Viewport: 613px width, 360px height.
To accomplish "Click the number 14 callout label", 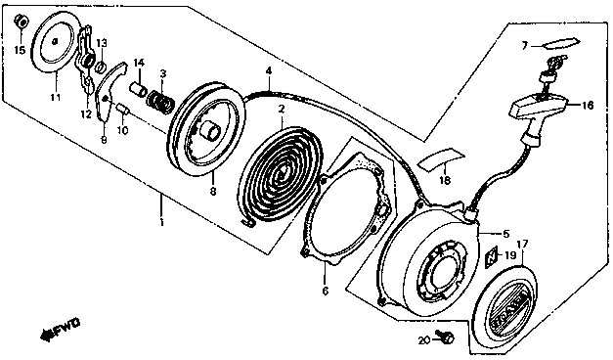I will tap(138, 63).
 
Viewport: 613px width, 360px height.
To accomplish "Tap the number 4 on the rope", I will tap(268, 70).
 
